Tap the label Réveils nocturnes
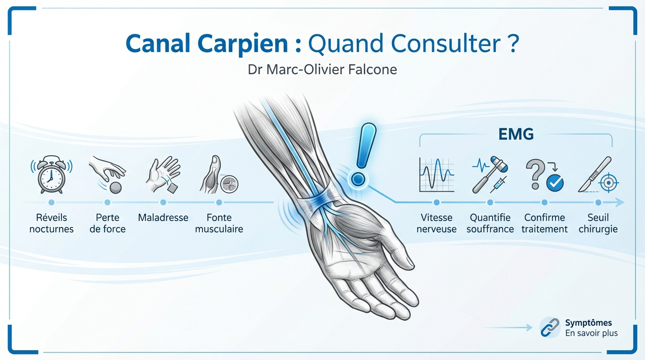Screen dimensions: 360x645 52,223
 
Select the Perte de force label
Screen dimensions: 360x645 107,223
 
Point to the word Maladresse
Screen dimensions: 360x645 163,217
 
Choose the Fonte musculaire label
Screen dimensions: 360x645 219,223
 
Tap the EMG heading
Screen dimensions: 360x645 516,135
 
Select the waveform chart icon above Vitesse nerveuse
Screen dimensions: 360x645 436,175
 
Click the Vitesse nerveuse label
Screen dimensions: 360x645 436,223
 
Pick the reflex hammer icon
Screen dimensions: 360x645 490,175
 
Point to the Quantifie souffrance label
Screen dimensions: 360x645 490,223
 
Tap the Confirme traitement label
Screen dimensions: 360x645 545,223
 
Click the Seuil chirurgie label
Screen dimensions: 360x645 598,223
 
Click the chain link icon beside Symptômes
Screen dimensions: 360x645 550,327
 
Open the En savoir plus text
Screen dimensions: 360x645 591,333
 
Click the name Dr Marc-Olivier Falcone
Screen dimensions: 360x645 322,70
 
